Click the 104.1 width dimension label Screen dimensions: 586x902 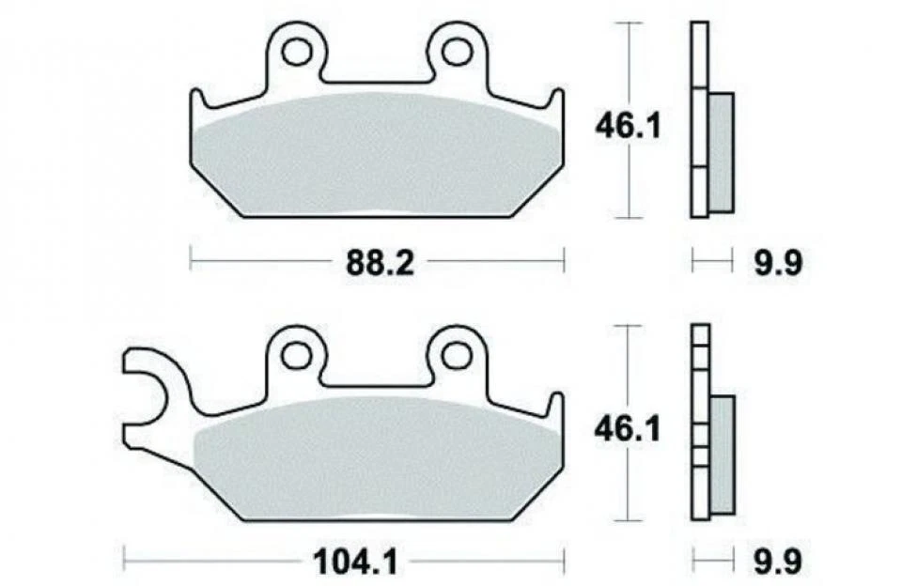[x=358, y=563]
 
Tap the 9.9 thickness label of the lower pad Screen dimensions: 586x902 [x=775, y=563]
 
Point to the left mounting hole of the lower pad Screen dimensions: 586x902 [x=297, y=354]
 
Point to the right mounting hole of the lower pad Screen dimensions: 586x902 [x=456, y=354]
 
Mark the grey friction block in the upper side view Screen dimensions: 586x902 [x=720, y=150]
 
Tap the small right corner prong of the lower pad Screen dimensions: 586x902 [x=556, y=406]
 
